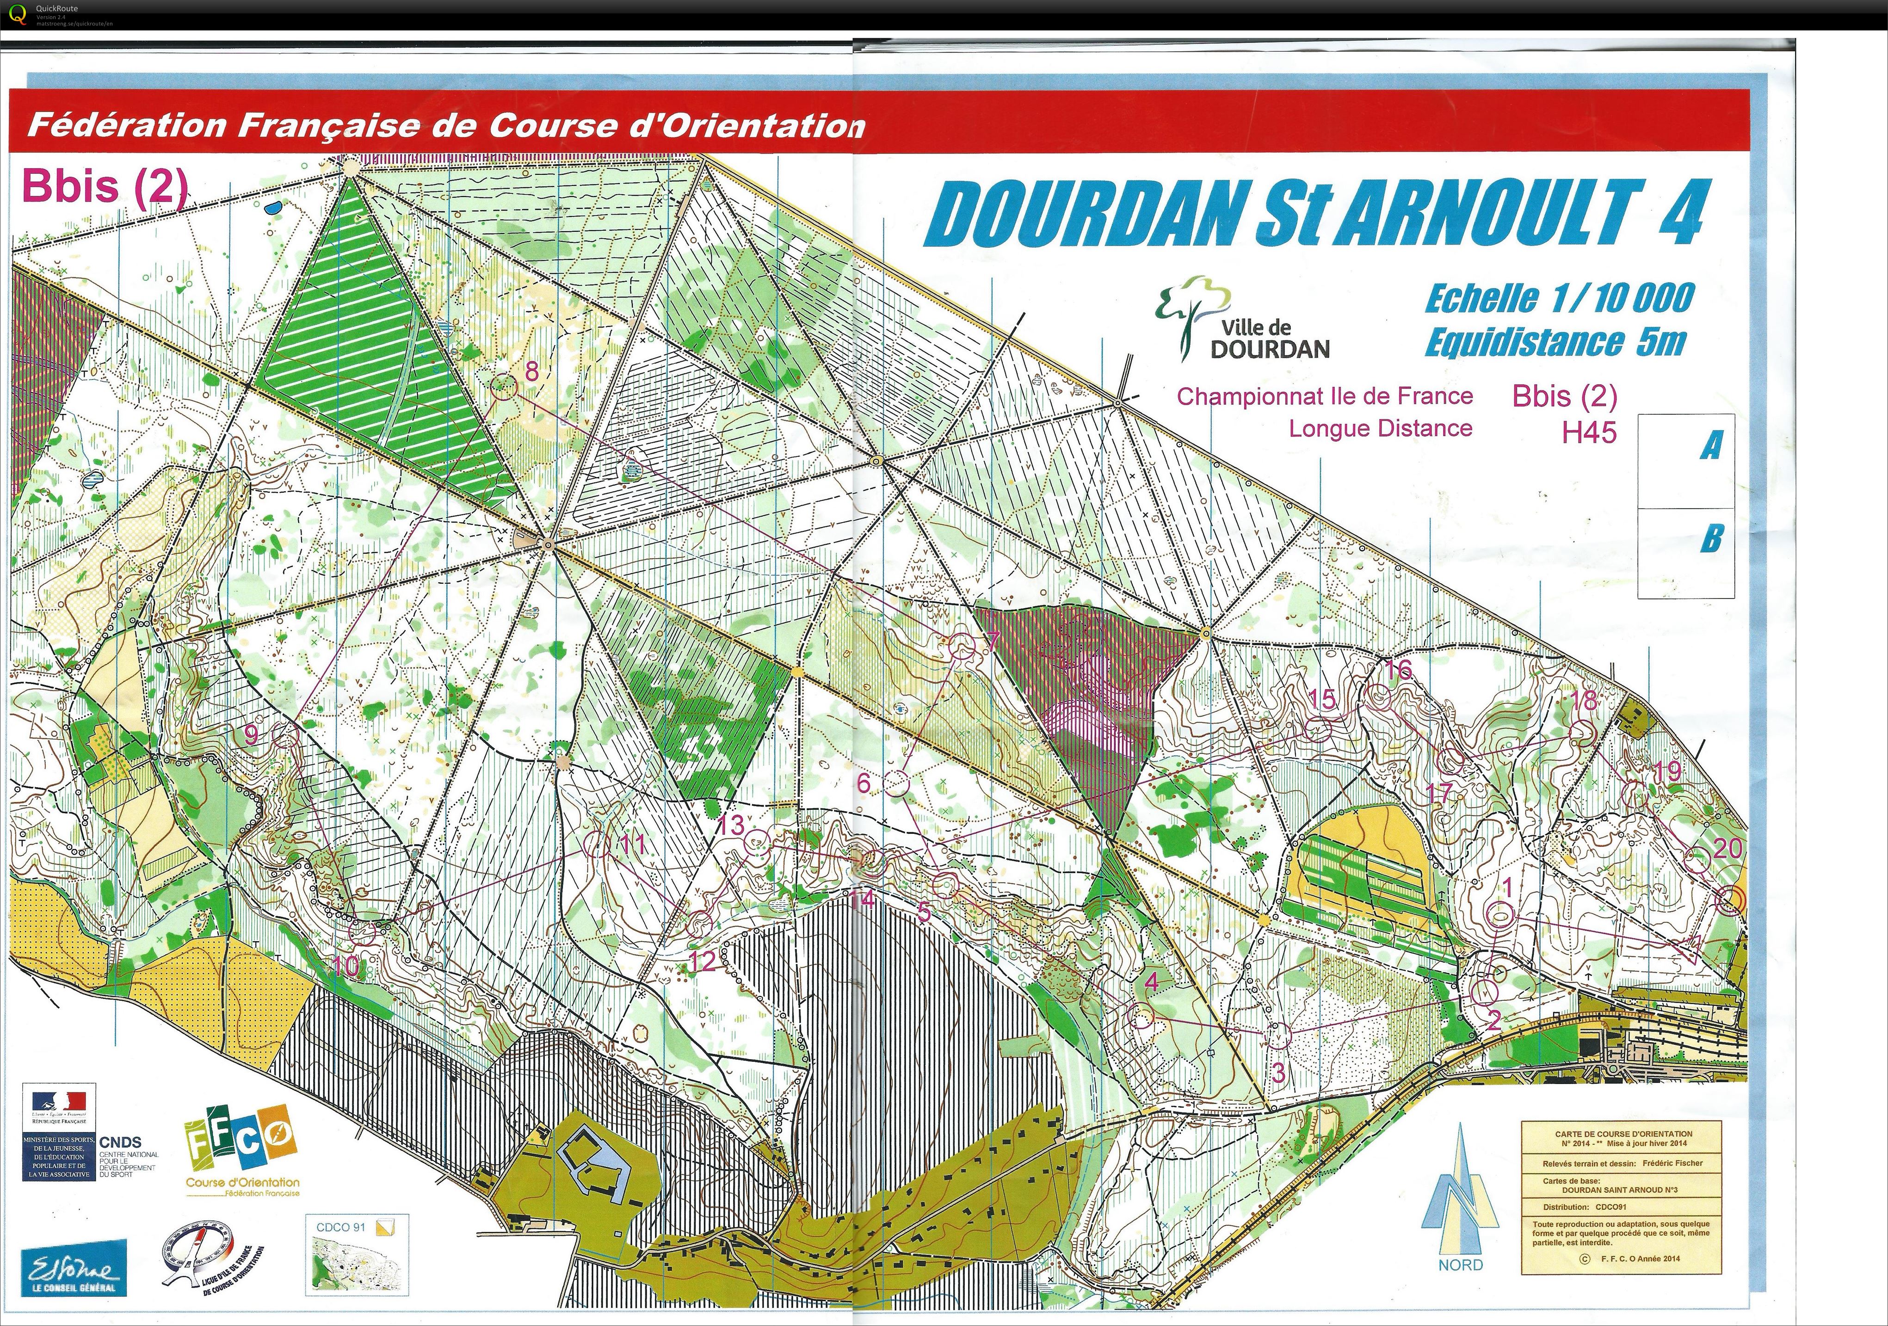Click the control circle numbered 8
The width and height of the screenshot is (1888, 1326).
coord(503,386)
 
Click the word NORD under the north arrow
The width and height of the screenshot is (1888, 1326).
coord(1461,1265)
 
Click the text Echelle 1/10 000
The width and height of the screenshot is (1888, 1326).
coord(1559,297)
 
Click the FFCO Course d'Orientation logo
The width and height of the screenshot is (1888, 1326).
coord(242,1151)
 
